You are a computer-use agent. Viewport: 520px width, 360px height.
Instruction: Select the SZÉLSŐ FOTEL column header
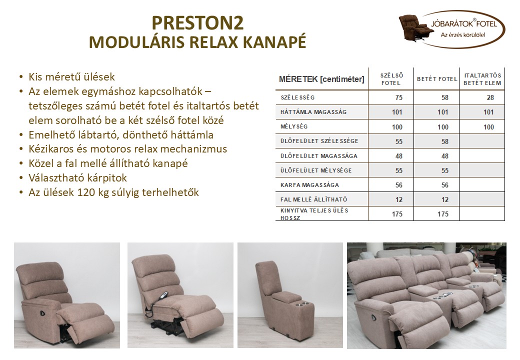(x=391, y=79)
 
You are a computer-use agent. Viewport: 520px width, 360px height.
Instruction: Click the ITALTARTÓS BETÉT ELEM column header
(x=482, y=79)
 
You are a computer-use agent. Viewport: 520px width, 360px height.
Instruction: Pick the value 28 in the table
(x=489, y=98)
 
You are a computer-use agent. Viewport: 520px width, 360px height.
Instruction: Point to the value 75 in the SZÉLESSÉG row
(x=398, y=98)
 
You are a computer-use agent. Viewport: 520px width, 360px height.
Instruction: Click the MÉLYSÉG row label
(x=290, y=127)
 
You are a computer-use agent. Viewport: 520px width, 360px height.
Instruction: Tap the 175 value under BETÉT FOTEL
(x=442, y=214)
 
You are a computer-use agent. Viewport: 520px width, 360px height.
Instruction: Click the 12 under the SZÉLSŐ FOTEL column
(x=398, y=199)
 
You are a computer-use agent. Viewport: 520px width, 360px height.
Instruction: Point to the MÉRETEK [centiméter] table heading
(x=321, y=79)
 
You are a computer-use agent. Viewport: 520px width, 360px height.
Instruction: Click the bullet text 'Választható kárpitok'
(x=78, y=178)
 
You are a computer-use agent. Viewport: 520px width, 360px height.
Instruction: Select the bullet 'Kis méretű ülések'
(x=72, y=77)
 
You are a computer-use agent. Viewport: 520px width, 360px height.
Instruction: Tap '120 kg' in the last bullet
(x=93, y=192)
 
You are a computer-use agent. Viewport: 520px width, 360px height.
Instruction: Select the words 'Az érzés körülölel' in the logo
(x=463, y=34)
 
